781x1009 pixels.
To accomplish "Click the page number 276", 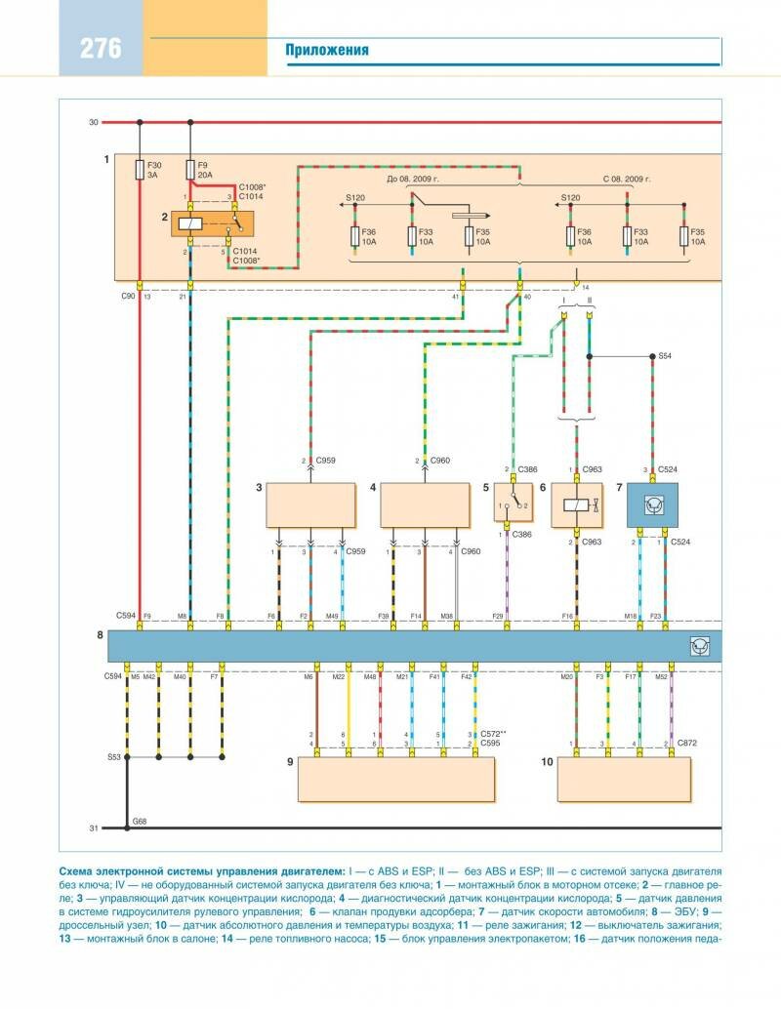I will point(101,48).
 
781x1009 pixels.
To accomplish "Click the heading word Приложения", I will point(327,50).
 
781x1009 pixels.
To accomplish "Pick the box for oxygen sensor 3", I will point(310,504).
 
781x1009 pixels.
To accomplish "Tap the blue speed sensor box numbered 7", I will point(652,504).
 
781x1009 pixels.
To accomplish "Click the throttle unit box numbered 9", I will point(395,779).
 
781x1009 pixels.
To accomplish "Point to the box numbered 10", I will point(624,779).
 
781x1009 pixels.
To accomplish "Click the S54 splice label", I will point(666,356).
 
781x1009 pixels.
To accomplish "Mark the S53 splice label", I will point(115,756).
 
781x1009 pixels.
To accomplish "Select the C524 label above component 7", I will point(667,468).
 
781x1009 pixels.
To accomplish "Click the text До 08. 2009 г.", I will point(413,181).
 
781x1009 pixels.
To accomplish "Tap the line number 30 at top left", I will point(94,122).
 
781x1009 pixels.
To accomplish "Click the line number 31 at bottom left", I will point(94,828).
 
